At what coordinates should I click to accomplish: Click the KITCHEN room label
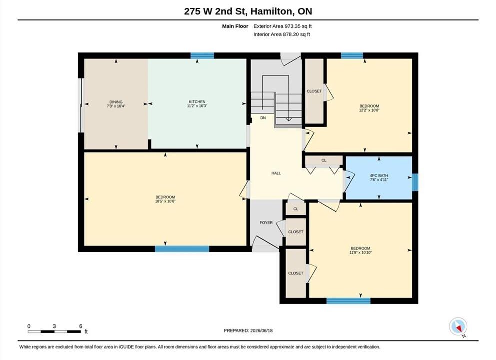pos(197,102)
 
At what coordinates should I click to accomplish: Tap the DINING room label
pos(116,102)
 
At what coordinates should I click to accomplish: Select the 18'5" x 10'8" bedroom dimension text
pos(165,201)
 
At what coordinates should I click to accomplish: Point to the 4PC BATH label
pos(379,175)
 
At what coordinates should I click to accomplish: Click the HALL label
pos(276,173)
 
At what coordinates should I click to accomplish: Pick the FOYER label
pos(266,223)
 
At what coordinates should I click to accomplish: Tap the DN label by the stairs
pos(263,118)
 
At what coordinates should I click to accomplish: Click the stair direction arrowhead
pos(289,119)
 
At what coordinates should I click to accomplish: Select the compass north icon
pos(458,327)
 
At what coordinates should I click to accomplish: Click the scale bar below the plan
pos(54,332)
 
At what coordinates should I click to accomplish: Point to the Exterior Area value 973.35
pos(294,26)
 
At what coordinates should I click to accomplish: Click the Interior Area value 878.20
pos(292,34)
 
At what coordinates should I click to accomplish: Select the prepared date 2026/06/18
pos(261,331)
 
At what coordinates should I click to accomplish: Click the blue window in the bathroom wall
pos(415,182)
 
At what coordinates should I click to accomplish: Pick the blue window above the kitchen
pos(202,56)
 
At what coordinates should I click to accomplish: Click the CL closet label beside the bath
pos(324,160)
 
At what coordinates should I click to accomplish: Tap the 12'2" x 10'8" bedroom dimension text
pos(369,110)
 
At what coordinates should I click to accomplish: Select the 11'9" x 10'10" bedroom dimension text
pos(360,253)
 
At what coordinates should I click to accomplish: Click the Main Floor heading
pos(235,26)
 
